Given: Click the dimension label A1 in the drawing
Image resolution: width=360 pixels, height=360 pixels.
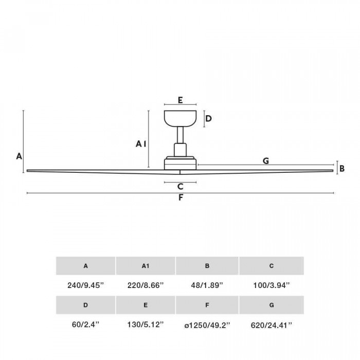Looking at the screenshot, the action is tap(141, 144).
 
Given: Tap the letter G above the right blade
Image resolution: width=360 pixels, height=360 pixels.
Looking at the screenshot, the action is tap(266, 160).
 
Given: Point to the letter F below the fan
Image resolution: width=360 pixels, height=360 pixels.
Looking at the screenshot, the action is tap(181, 197).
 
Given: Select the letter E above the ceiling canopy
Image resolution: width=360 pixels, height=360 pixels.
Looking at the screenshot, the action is tap(180, 100).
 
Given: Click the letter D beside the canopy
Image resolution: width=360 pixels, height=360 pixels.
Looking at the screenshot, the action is tap(208, 119).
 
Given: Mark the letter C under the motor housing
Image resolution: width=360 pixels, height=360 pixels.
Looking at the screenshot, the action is tap(180, 186).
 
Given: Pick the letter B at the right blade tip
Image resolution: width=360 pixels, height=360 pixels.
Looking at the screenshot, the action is tap(342, 169).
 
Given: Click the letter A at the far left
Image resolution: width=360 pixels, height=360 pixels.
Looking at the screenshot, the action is tap(19, 156).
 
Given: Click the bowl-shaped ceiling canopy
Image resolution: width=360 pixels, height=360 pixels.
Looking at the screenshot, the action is tap(180, 118).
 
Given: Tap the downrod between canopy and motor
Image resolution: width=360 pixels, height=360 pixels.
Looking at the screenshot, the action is tap(180, 135).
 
